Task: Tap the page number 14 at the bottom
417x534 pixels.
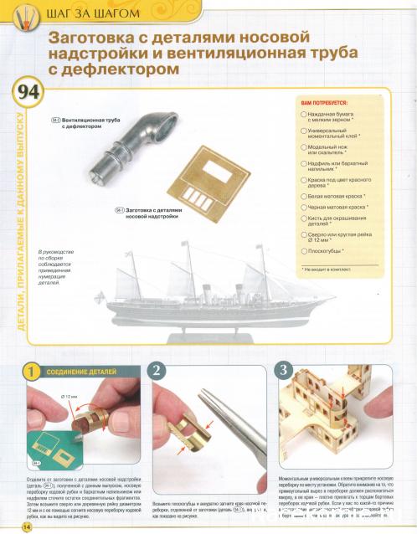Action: point(26,526)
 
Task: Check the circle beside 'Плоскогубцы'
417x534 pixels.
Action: point(302,250)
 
